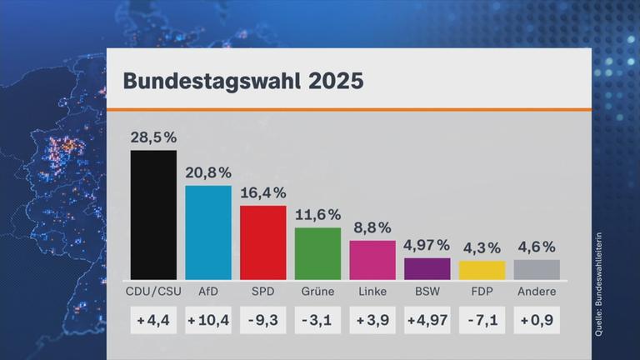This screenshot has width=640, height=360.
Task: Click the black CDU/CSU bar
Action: pyautogui.click(x=153, y=215)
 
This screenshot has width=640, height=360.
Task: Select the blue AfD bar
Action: pyautogui.click(x=208, y=232)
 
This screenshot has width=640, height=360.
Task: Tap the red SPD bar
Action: pyautogui.click(x=262, y=242)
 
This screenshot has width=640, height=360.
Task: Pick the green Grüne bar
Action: pyautogui.click(x=317, y=253)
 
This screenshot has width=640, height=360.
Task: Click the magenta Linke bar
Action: pyautogui.click(x=372, y=260)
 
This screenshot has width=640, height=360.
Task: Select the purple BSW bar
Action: pyautogui.click(x=427, y=268)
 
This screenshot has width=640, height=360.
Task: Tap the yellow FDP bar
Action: pyautogui.click(x=482, y=270)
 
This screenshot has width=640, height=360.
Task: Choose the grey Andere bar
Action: pyautogui.click(x=537, y=269)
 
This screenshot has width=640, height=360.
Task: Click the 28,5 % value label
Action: pyautogui.click(x=153, y=137)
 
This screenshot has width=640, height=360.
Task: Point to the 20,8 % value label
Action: pyautogui.click(x=208, y=172)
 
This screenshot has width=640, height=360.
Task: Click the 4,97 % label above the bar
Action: pyautogui.click(x=427, y=245)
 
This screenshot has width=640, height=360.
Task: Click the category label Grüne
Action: pyautogui.click(x=317, y=292)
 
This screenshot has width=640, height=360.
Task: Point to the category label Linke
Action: pyautogui.click(x=372, y=292)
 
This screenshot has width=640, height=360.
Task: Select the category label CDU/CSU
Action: pyautogui.click(x=153, y=292)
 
